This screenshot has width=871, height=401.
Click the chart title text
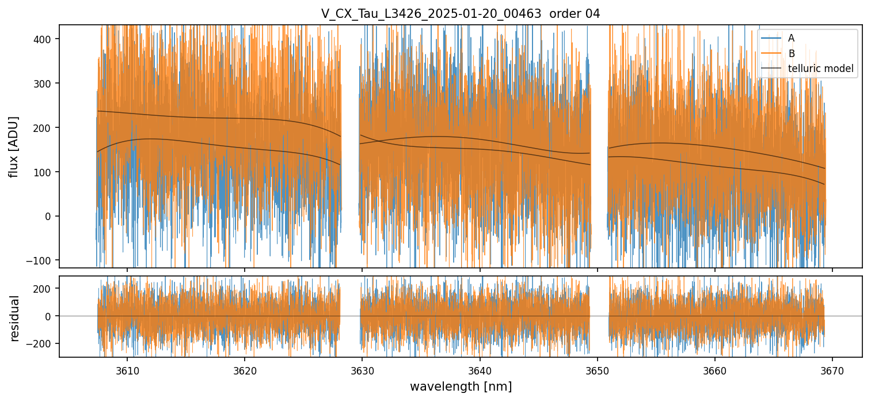[461, 14]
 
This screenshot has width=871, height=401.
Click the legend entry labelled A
[791, 38]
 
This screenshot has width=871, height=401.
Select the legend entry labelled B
[791, 54]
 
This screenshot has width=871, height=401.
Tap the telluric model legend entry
[820, 69]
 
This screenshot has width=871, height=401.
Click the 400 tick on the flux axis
[47, 39]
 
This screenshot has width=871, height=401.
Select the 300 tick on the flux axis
[47, 83]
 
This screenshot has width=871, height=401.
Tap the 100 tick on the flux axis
[47, 172]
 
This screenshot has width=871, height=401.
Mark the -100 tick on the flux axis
[44, 260]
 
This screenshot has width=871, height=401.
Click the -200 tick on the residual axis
[44, 343]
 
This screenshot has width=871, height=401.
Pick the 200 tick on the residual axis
[47, 288]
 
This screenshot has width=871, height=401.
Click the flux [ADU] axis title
[14, 146]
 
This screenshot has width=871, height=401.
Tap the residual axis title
[15, 318]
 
